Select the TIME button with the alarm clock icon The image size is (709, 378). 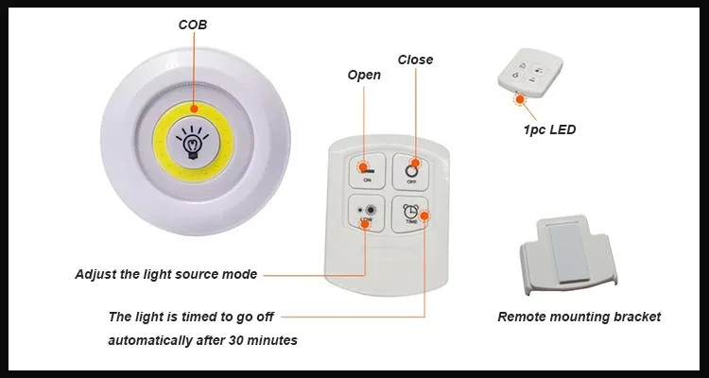point(412,215)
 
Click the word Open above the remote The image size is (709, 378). point(364,75)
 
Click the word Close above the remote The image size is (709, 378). point(415,60)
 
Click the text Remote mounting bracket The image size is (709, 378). point(579,317)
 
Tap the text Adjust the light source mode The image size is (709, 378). point(166,275)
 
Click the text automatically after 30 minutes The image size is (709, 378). point(201,339)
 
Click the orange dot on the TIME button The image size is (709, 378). point(424,214)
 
